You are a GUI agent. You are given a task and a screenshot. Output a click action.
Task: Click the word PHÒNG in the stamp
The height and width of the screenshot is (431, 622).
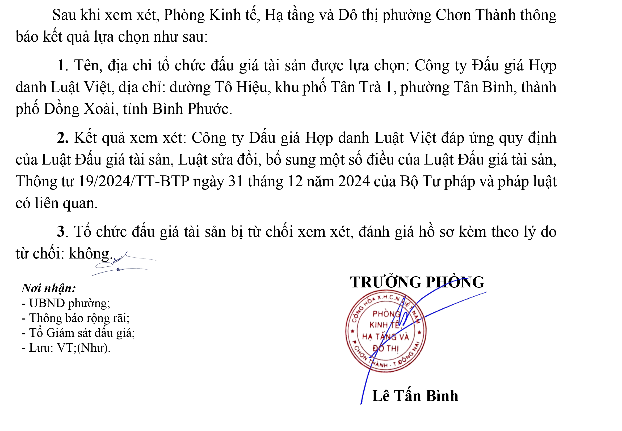click(386, 314)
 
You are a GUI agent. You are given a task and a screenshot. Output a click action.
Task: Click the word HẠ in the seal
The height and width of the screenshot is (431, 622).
click(368, 337)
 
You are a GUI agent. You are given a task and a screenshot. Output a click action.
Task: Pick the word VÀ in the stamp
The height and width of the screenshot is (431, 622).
click(404, 337)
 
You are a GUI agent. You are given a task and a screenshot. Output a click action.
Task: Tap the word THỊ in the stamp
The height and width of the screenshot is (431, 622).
click(393, 349)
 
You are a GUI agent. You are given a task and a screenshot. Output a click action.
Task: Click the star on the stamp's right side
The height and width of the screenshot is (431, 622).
click(419, 332)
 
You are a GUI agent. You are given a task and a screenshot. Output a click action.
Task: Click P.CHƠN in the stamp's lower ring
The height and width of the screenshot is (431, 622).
click(359, 351)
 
